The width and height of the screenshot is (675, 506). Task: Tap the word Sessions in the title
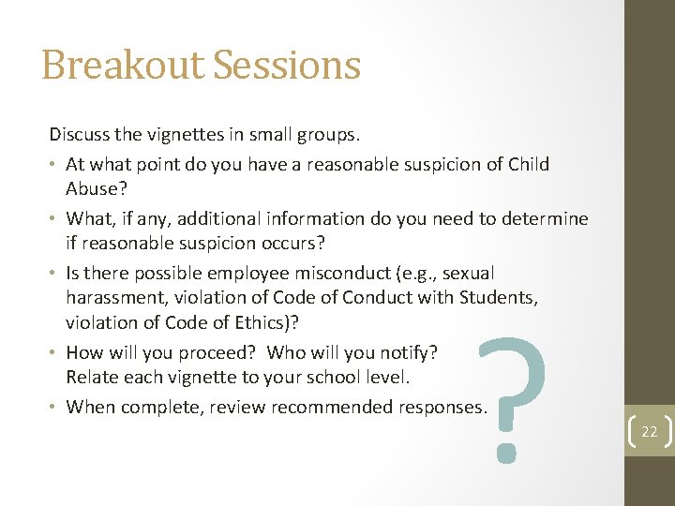[x=287, y=66]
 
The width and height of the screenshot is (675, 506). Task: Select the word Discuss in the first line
[x=80, y=135]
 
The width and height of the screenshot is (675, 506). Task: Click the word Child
[x=528, y=164]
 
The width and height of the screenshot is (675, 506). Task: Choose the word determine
[x=544, y=218]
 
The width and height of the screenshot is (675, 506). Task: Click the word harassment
[x=111, y=298]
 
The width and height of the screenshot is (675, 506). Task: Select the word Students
[x=498, y=298]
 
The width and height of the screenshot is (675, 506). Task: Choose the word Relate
[x=91, y=378]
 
